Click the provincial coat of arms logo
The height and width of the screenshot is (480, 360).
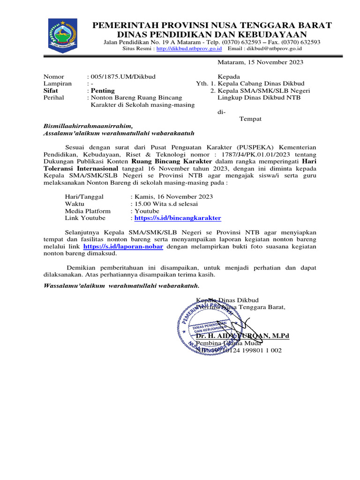point(60,34)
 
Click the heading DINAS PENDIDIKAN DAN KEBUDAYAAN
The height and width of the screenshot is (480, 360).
point(212,35)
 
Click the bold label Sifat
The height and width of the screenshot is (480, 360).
point(51,90)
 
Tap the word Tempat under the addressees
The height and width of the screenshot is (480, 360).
point(250,119)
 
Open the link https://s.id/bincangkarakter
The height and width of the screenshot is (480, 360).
point(178,218)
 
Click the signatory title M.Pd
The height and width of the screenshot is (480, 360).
point(280,336)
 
